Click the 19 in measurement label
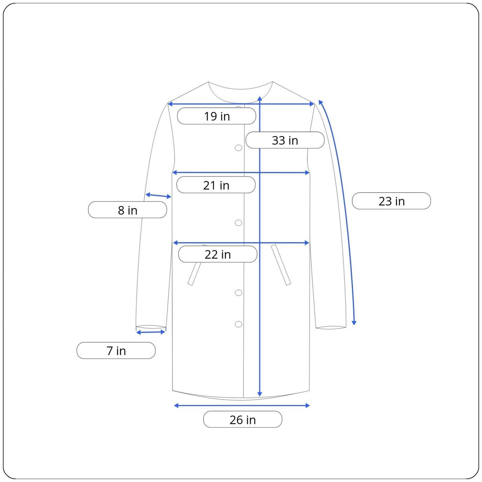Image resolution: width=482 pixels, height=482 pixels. [x=216, y=116]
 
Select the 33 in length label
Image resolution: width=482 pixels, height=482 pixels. [x=285, y=140]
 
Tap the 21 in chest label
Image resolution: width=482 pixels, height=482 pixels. [x=216, y=185]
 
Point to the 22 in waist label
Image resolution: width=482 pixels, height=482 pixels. [x=218, y=254]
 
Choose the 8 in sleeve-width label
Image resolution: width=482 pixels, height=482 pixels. [x=128, y=210]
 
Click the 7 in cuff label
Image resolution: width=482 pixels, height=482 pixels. [x=116, y=350]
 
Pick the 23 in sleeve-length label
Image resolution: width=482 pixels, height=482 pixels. [x=391, y=201]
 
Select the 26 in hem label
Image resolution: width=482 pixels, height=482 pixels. [x=243, y=419]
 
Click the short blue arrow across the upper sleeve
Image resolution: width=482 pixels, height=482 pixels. [x=158, y=196]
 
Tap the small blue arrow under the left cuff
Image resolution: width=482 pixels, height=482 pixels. [x=151, y=332]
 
